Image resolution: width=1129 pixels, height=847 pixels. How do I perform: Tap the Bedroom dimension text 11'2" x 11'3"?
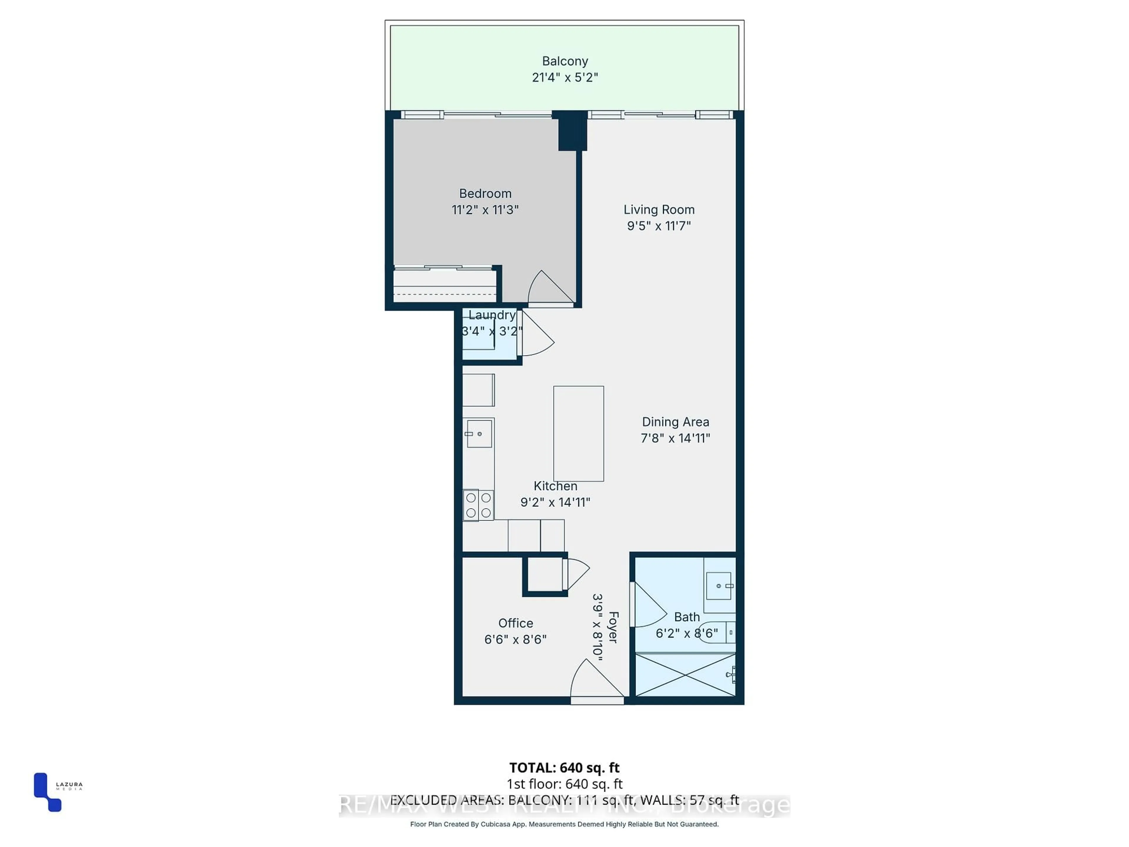coord(485,210)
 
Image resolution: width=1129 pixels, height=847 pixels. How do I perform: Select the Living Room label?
coord(658,209)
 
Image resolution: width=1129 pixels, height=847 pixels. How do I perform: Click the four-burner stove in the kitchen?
coord(478,505)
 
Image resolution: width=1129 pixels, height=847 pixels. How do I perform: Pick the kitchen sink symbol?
coord(479,433)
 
